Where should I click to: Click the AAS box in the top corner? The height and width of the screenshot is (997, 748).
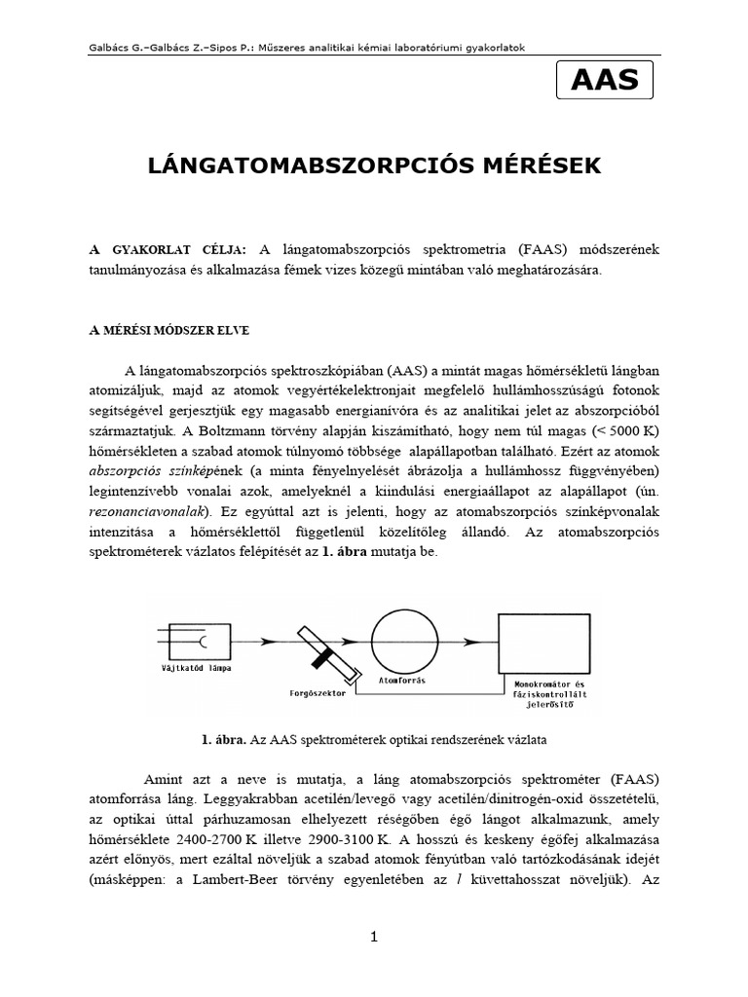605,80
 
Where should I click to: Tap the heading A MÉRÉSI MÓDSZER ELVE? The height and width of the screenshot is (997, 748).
169,330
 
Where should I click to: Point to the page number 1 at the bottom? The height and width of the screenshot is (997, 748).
373,937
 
